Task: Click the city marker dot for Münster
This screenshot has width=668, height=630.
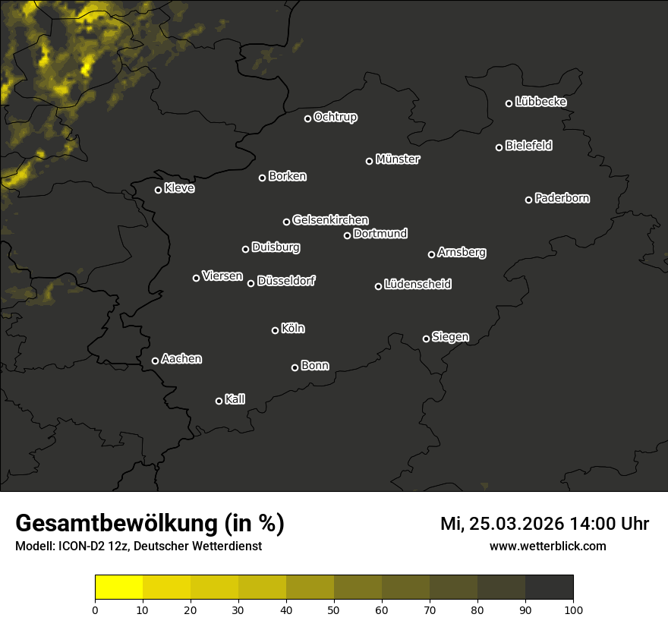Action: coord(370,161)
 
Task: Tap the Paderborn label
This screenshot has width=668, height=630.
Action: coord(562,198)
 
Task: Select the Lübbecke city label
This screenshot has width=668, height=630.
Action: coord(540,102)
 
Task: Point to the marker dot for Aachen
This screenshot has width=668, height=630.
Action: coord(156,361)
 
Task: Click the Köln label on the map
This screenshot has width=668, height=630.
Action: coord(293,329)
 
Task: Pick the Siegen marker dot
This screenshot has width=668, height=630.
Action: coord(426,339)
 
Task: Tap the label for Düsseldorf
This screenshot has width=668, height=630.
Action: coord(286,281)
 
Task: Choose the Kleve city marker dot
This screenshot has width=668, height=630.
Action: coord(159,190)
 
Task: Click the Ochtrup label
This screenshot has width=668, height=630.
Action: coord(335,117)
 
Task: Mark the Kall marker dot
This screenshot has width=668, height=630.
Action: coord(219,401)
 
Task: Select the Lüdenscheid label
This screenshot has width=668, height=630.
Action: coord(417,284)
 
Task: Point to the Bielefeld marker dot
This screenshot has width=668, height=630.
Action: coord(499,147)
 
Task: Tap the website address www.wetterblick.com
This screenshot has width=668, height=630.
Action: coord(547,546)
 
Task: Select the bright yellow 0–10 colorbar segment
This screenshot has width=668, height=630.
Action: coord(119,587)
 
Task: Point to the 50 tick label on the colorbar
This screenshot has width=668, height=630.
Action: coord(334,609)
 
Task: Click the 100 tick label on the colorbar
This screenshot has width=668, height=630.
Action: coord(573,609)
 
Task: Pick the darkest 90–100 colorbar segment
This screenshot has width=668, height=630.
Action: coord(549,587)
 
